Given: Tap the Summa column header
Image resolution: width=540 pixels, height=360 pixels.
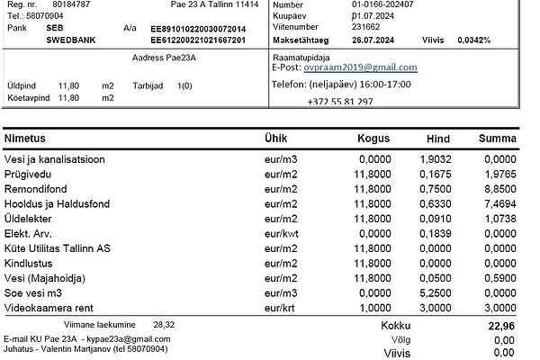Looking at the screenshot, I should (x=498, y=139).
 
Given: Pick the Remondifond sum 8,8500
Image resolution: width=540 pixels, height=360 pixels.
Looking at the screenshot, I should (x=498, y=190).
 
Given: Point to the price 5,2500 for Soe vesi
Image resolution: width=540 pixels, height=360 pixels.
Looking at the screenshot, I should (x=429, y=292).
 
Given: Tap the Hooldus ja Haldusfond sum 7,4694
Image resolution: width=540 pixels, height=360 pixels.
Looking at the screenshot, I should (x=498, y=204).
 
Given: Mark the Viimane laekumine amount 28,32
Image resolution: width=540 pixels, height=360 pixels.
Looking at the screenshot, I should (x=165, y=322).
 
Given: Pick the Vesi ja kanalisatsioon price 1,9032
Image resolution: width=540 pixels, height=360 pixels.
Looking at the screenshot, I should (x=429, y=159).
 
